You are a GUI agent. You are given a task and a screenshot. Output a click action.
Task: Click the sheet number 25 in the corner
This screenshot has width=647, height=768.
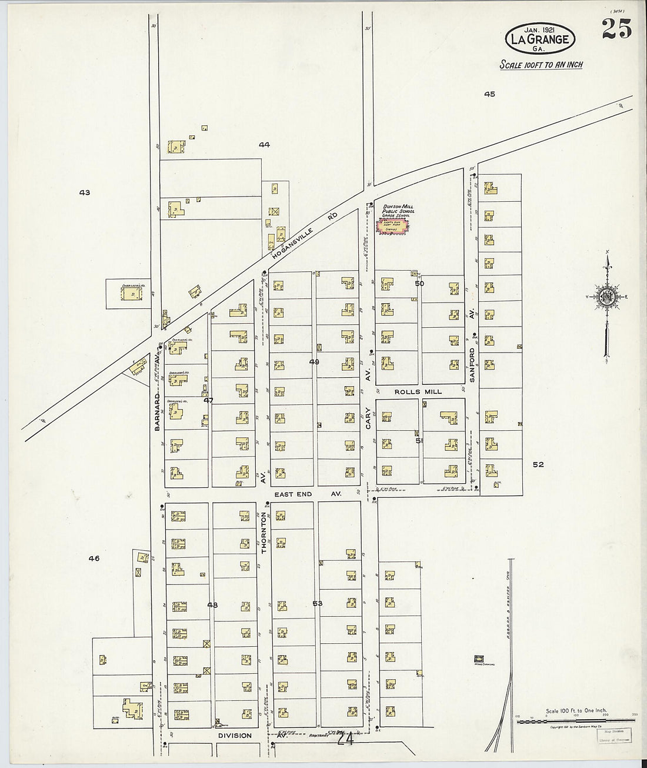[x=616, y=28]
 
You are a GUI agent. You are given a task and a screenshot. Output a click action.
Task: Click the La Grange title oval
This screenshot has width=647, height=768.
[x=540, y=37]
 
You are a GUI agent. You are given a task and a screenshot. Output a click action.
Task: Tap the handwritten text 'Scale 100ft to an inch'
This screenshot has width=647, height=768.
[x=541, y=64]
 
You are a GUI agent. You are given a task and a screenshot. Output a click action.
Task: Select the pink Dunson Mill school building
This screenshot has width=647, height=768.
[x=392, y=228]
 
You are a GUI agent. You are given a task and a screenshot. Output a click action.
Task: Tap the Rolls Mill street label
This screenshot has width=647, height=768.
[x=418, y=391]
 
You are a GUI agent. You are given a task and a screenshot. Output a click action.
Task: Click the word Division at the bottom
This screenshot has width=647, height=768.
[x=235, y=736]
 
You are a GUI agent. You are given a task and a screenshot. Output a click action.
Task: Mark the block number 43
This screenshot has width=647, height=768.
[x=85, y=192]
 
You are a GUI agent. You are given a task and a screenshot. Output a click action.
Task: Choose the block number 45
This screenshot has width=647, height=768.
[x=489, y=94]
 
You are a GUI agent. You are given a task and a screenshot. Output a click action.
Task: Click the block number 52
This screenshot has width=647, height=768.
[x=538, y=464]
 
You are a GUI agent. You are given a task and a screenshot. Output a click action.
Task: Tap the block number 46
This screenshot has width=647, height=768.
[x=94, y=558]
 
